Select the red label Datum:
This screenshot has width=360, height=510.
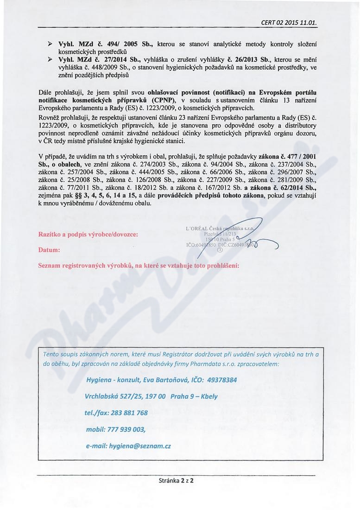click(x=50, y=250)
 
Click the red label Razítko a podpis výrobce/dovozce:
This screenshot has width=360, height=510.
click(x=88, y=234)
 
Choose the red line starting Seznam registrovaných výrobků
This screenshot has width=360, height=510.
click(x=139, y=266)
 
